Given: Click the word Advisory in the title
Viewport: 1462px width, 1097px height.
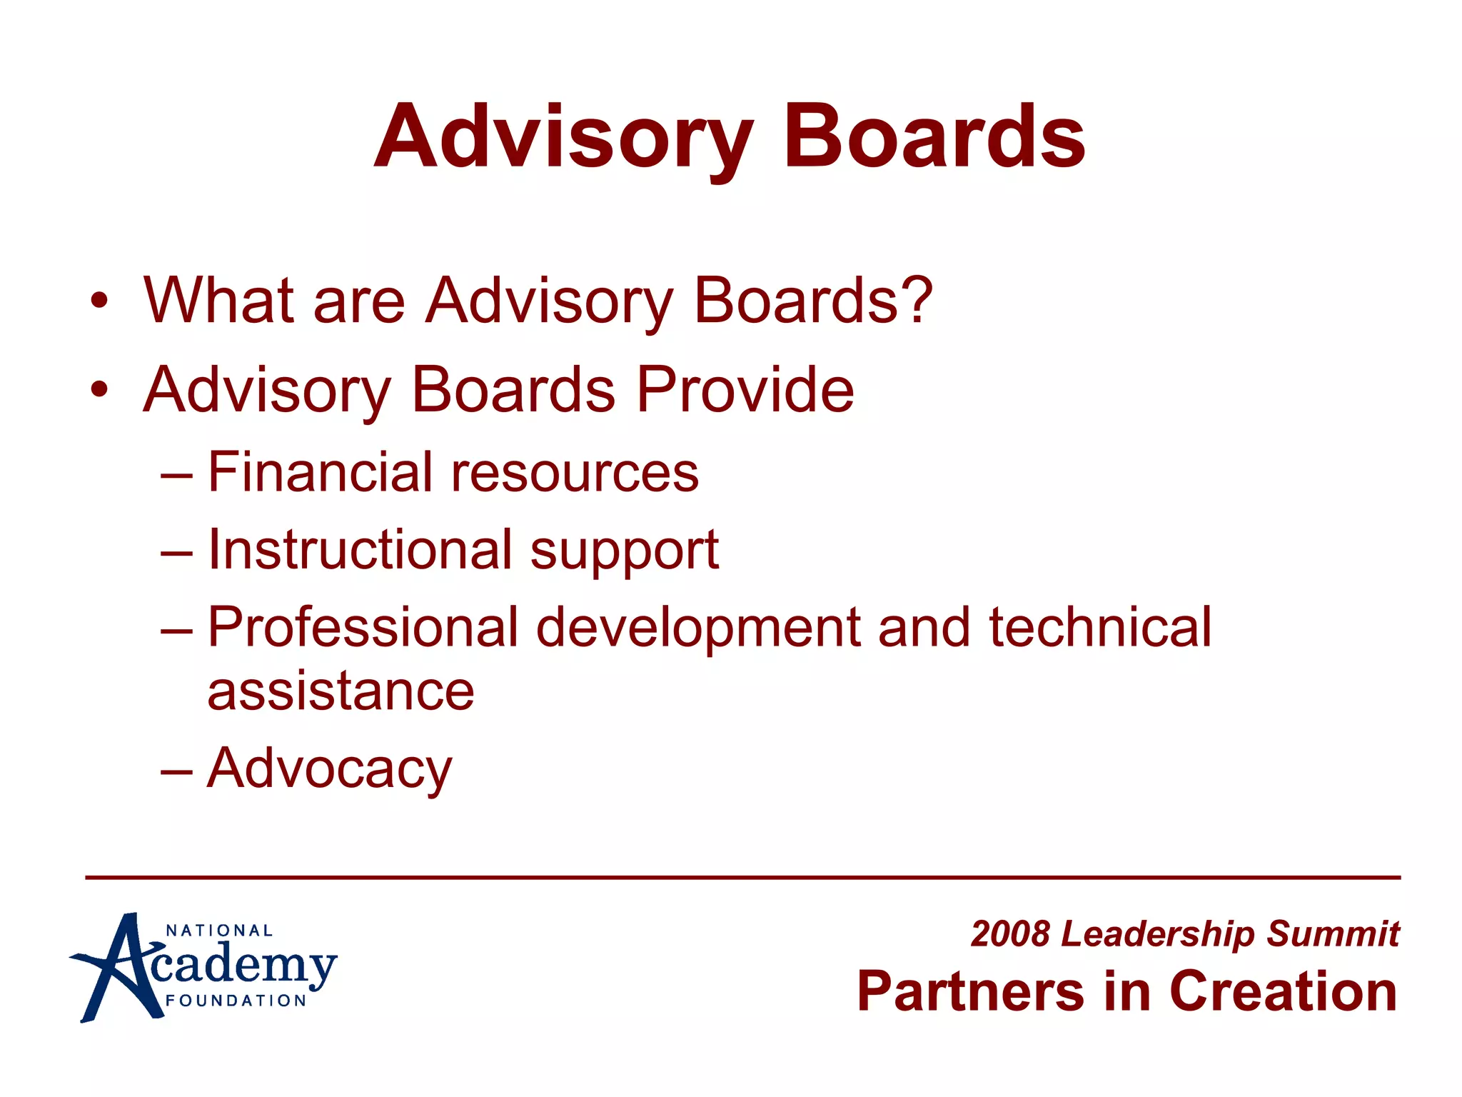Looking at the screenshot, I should [564, 137].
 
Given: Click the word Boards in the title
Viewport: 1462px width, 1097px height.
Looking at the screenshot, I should [934, 137].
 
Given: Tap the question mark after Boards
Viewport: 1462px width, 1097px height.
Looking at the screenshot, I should [917, 300].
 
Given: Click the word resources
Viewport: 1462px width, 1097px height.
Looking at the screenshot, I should [575, 474].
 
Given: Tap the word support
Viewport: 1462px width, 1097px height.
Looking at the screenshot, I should [625, 551].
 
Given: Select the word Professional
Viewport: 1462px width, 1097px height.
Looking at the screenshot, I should [363, 627].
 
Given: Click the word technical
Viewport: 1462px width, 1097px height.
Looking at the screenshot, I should [1100, 627].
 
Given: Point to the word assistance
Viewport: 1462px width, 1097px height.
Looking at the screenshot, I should [341, 691].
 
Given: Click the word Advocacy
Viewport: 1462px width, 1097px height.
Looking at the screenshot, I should [329, 768].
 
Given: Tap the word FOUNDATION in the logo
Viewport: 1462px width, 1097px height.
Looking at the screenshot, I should [236, 1001].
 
